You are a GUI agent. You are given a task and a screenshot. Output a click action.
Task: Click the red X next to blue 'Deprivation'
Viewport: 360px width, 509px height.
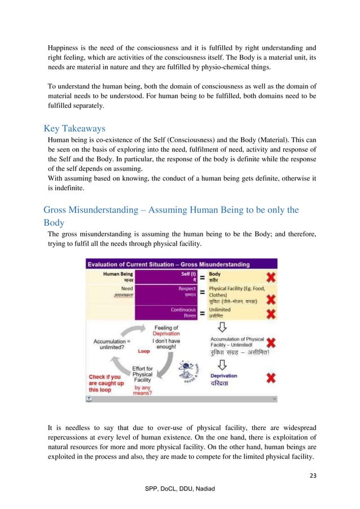click(x=271, y=378)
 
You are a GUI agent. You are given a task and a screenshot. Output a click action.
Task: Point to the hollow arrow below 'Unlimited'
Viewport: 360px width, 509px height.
click(x=222, y=327)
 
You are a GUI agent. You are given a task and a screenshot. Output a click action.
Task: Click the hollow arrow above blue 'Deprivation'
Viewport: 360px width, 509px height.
click(x=222, y=363)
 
